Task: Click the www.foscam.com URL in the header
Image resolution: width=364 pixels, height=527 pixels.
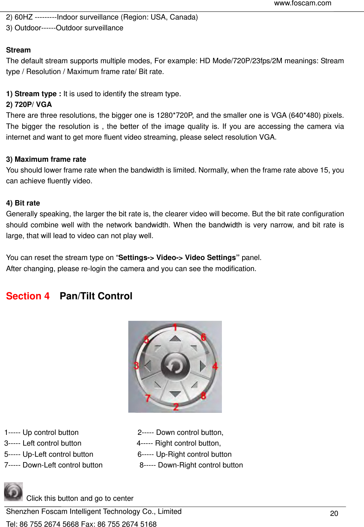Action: tap(302, 3)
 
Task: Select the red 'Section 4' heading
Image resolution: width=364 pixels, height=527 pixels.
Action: tap(28, 296)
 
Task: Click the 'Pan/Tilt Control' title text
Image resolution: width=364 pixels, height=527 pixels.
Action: tap(96, 296)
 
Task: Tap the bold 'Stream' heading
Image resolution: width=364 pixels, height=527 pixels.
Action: tap(18, 50)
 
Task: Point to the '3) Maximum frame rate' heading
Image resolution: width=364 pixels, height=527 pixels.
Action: tap(46, 159)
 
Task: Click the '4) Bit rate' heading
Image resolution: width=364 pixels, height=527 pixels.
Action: tap(23, 203)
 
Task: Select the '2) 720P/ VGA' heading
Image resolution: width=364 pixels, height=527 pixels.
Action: tap(29, 105)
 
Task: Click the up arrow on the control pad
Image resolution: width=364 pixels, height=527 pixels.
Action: tap(175, 338)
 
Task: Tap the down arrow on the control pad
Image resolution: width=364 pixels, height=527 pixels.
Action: tap(175, 393)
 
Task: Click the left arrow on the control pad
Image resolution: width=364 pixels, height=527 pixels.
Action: tap(147, 366)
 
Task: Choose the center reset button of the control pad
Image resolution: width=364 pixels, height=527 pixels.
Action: tap(175, 366)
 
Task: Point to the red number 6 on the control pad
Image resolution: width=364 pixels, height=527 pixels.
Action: tap(203, 337)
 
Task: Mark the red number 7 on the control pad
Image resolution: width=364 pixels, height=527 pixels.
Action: tap(147, 398)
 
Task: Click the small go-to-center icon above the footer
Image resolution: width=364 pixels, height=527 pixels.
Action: tap(13, 492)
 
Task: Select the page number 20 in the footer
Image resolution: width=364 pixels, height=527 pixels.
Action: tap(334, 514)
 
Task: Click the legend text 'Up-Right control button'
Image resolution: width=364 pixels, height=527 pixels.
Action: tap(194, 454)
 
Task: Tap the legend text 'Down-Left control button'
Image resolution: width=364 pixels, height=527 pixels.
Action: tap(63, 465)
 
